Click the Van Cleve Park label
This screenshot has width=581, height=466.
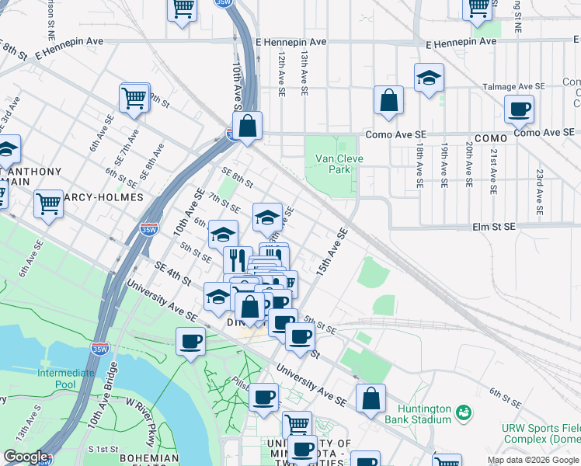(x=339, y=164)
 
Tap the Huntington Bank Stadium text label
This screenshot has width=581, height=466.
(x=424, y=414)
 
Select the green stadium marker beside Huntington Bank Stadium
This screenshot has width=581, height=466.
(x=464, y=411)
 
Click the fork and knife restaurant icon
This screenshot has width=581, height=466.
(x=237, y=259)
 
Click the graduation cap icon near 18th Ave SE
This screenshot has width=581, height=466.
(x=428, y=78)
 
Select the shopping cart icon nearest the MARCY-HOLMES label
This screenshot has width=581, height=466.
(x=48, y=203)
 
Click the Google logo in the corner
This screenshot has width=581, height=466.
(x=25, y=457)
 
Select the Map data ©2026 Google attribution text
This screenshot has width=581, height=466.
(x=533, y=460)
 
